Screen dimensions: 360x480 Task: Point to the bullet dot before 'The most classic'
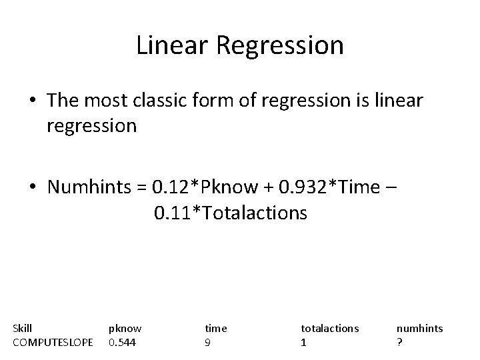33,101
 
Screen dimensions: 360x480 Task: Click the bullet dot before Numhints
33,188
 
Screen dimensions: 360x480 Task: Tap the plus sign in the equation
259,188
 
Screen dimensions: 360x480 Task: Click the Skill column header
23,328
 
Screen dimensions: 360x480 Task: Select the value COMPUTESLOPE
53,343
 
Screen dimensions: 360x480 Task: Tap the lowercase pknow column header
125,328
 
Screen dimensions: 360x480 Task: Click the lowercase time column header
216,328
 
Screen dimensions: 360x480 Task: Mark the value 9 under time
208,343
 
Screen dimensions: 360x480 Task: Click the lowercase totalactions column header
330,328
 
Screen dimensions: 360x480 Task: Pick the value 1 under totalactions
304,343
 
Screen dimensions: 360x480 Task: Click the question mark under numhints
399,343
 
